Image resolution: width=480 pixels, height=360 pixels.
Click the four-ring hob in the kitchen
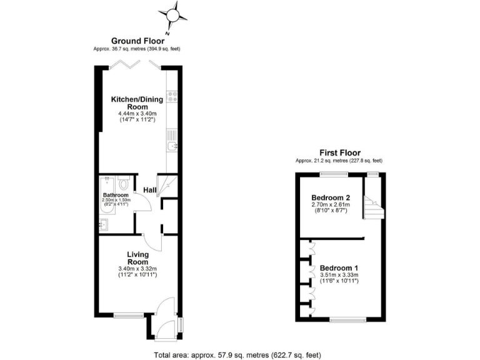coord(172,97)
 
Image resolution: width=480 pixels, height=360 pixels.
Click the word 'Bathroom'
coord(116,195)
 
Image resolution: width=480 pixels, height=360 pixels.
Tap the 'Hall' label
coord(149,190)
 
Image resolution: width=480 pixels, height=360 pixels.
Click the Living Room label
coord(137,258)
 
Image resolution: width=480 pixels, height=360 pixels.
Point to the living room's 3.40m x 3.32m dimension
coord(137,269)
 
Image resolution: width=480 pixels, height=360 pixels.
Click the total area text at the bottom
coord(237,355)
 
